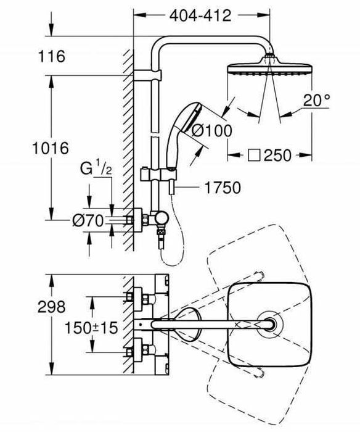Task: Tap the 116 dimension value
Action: tap(52, 57)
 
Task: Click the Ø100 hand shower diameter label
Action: tap(211, 130)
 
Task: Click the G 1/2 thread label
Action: tap(94, 167)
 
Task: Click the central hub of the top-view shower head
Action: tap(269, 324)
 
